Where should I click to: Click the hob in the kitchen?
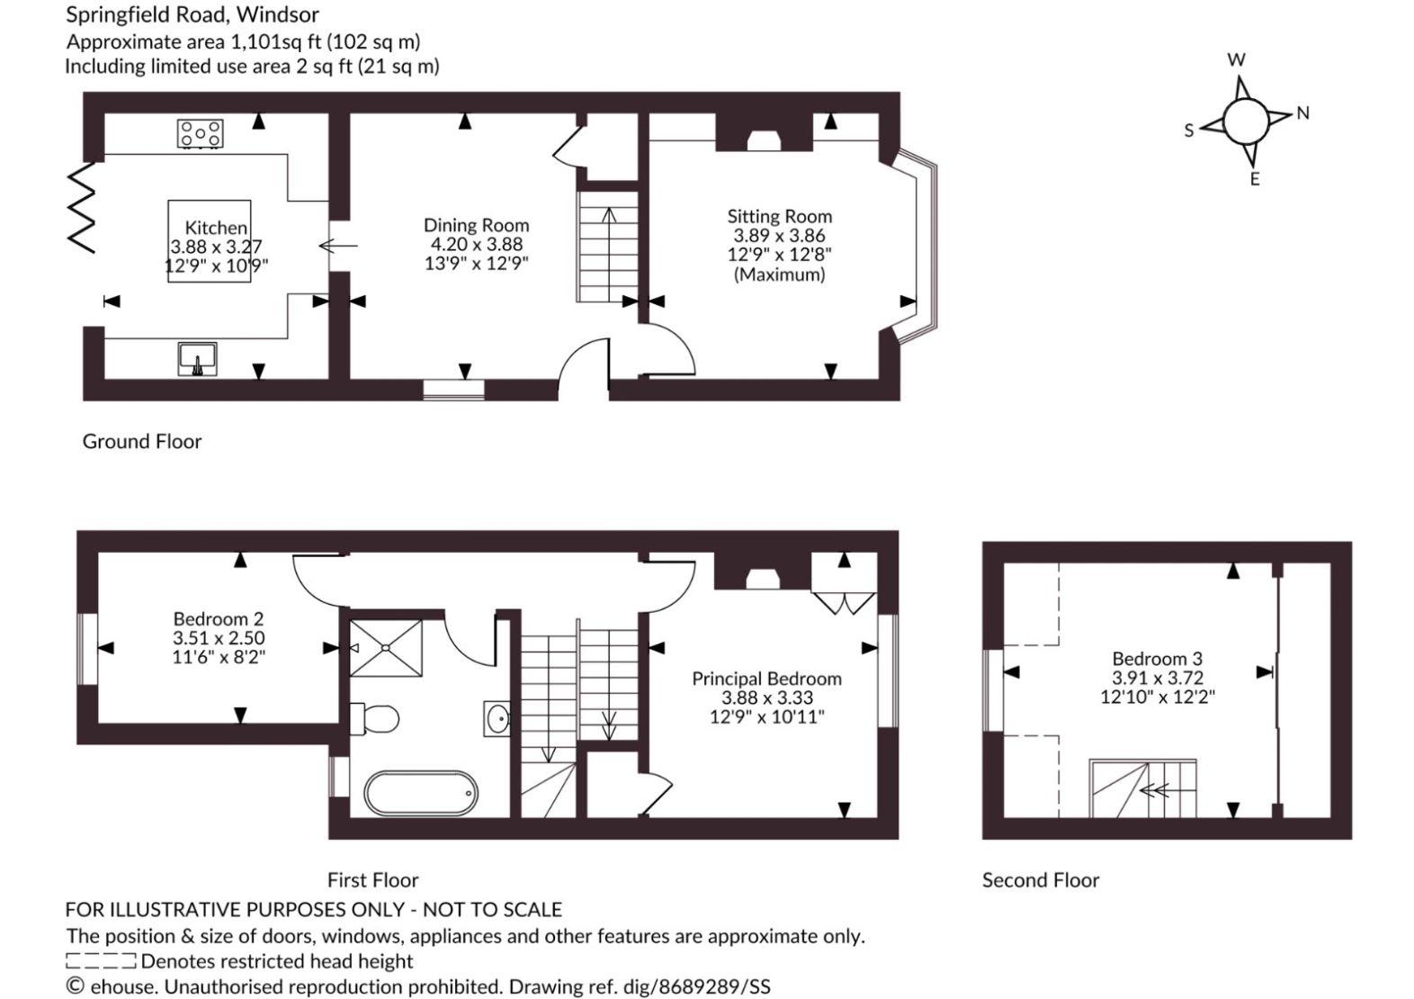(x=200, y=134)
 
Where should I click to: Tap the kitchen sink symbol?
(x=197, y=359)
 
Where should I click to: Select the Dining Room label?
(x=476, y=225)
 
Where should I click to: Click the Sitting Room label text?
(x=780, y=217)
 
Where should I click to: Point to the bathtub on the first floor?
(x=421, y=793)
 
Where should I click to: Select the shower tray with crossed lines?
(x=386, y=648)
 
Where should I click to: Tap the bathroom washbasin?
(x=497, y=718)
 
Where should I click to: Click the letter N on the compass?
(x=1302, y=113)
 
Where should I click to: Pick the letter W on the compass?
(x=1236, y=60)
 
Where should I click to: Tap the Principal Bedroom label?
(x=767, y=679)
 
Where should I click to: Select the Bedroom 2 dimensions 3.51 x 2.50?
(x=219, y=638)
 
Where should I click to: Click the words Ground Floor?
(x=142, y=441)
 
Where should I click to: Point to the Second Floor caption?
(x=1041, y=879)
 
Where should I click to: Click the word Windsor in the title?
(x=285, y=14)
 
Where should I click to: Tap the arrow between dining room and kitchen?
(x=338, y=246)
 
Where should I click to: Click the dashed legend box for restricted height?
(x=101, y=961)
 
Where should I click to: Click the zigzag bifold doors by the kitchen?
(x=82, y=207)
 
